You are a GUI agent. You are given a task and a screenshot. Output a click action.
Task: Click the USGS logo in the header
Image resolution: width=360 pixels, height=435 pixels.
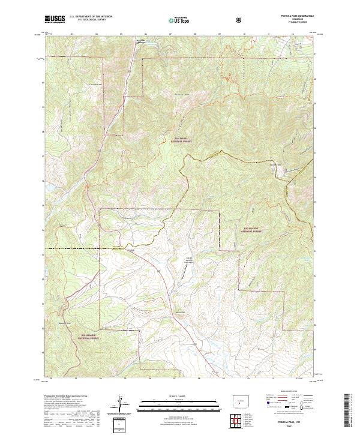click(x=55, y=20)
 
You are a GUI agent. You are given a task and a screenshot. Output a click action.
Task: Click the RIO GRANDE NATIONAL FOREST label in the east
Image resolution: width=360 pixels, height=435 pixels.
click(x=254, y=229)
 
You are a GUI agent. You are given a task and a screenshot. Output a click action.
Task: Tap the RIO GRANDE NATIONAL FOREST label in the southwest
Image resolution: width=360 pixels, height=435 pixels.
click(x=92, y=337)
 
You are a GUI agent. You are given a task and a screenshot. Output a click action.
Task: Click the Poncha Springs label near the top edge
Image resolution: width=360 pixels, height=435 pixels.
click(x=142, y=41)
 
